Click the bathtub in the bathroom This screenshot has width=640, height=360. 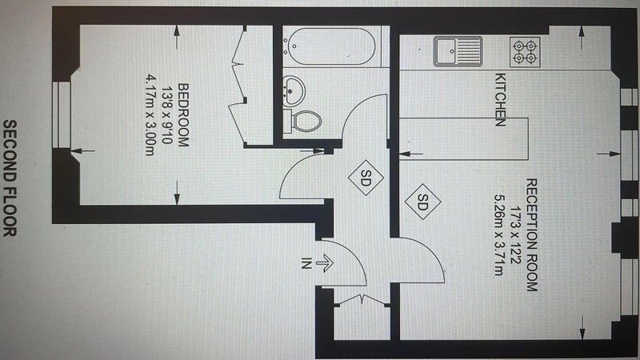tap(330, 46)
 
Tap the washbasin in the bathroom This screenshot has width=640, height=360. tap(294, 90)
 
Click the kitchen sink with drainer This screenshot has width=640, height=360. tap(458, 51)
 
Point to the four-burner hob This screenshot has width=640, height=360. tap(525, 52)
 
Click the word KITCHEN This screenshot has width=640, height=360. tap(501, 99)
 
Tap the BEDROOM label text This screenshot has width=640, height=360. tap(183, 115)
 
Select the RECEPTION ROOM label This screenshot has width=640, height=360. tap(531, 234)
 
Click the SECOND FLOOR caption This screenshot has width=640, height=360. tap(10, 178)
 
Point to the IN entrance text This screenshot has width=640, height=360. tap(306, 263)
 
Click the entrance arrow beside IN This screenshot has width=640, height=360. tap(325, 263)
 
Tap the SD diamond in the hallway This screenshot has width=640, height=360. tap(366, 178)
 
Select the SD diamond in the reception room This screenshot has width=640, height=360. tap(423, 202)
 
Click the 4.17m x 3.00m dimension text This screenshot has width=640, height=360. tap(150, 114)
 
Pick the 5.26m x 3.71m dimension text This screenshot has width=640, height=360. tap(498, 235)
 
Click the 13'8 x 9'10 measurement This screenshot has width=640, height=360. tap(166, 115)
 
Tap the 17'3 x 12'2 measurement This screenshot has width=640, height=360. tap(515, 234)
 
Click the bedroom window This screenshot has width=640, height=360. tap(62, 114)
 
